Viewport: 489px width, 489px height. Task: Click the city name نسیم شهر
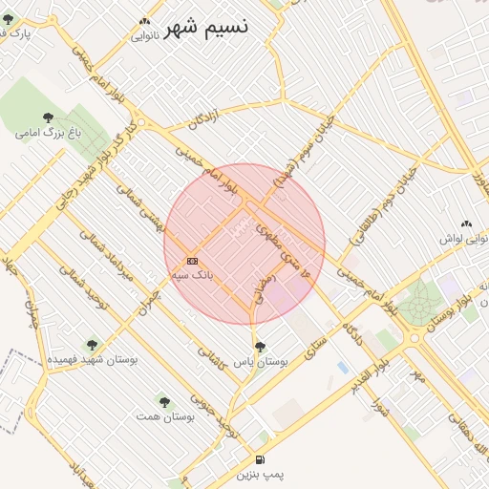click(x=206, y=28)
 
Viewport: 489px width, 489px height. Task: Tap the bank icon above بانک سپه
click(x=192, y=260)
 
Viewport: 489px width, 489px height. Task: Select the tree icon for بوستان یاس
click(x=260, y=347)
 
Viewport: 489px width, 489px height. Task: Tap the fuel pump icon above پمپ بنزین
click(x=261, y=459)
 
